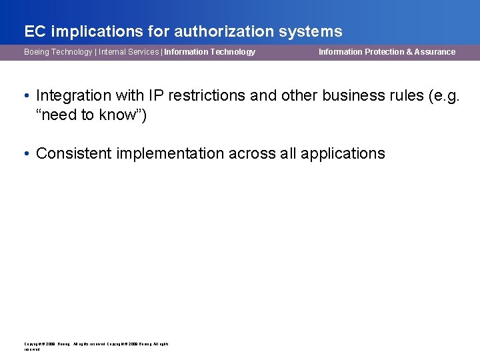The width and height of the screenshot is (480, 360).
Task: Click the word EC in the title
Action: (34, 31)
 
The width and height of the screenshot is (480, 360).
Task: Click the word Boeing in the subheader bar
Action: (38, 52)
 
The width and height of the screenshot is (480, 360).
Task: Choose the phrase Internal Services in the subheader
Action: (129, 52)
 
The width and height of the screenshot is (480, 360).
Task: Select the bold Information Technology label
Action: (209, 52)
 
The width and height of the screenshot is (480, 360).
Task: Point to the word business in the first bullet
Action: (351, 96)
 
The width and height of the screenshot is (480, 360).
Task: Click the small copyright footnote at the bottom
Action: (96, 346)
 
